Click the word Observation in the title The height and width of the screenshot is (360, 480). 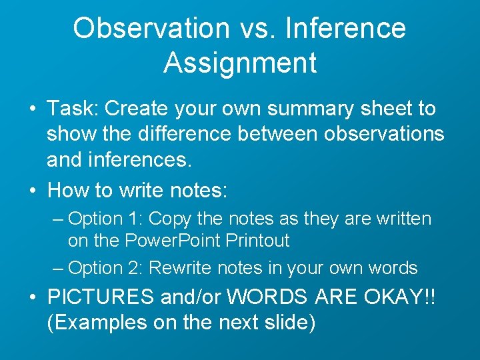pos(151,29)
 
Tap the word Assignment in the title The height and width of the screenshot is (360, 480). pos(239,63)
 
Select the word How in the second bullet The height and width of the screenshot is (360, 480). pos(69,191)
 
